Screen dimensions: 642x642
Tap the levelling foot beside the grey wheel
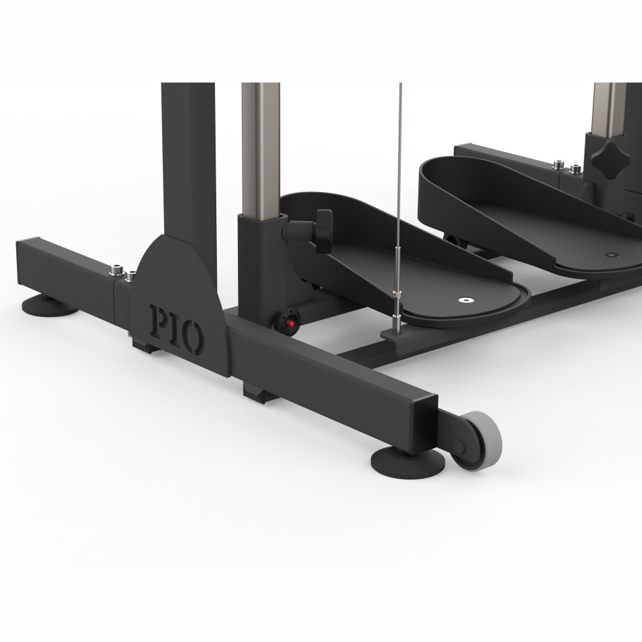click(x=408, y=463)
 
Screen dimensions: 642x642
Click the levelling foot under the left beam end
click(x=49, y=305)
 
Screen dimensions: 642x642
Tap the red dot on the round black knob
click(x=291, y=323)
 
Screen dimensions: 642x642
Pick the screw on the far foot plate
click(x=611, y=255)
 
